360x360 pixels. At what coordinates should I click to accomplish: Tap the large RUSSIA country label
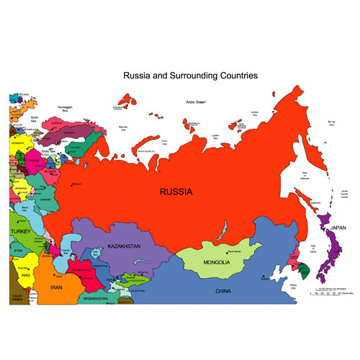pyautogui.click(x=176, y=192)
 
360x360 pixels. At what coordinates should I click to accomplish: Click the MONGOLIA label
pyautogui.click(x=216, y=262)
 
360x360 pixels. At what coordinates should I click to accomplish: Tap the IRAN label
pyautogui.click(x=57, y=287)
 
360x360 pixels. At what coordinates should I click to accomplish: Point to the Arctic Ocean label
pyautogui.click(x=196, y=102)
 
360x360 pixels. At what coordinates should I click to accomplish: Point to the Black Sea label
pyautogui.click(x=26, y=207)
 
